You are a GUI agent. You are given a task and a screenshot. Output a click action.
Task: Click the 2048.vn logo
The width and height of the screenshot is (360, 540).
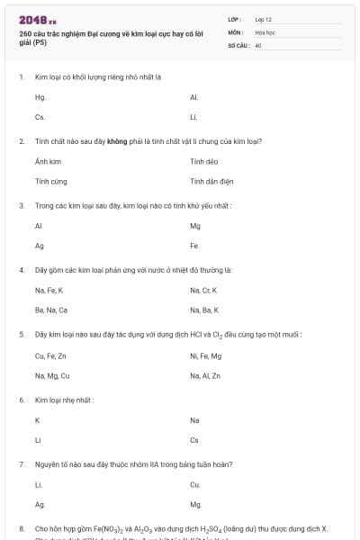pos(37,20)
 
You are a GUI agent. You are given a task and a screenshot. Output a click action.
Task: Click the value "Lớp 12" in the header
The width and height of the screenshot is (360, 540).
pos(264,19)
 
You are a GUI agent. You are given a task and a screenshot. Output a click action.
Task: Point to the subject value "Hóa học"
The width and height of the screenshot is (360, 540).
pos(265,31)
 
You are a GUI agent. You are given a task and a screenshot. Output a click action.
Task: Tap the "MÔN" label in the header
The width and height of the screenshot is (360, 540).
pos(236,31)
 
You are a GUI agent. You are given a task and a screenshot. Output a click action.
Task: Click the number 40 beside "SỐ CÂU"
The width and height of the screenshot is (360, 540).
pos(258,44)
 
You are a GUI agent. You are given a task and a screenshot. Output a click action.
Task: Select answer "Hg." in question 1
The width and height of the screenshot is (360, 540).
pos(40,97)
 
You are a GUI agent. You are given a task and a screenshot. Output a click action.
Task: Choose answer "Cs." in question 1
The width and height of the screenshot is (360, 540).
pos(40,118)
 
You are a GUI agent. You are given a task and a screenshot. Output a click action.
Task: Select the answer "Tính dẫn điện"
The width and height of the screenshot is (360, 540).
pos(211,181)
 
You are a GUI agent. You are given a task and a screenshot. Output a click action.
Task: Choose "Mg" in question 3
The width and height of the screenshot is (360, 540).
pos(195,225)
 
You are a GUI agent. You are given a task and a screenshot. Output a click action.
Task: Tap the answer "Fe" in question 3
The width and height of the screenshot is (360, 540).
pos(194,246)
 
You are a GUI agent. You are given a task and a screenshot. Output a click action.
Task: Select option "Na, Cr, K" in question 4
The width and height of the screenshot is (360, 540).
pos(203,290)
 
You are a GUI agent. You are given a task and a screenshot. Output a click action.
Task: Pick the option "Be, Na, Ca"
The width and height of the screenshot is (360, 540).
pos(51,310)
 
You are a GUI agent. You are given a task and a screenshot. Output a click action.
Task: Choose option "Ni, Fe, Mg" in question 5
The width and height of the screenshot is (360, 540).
pos(205,355)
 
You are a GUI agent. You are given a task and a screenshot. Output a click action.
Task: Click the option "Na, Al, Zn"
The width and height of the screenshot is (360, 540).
pos(205,375)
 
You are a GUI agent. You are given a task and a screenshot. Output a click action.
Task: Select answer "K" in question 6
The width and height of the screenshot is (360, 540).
pos(37,419)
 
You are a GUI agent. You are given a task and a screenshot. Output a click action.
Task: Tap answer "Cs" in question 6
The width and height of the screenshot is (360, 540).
pos(194,440)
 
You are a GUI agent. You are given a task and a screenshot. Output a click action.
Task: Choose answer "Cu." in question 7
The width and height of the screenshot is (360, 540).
pos(195,484)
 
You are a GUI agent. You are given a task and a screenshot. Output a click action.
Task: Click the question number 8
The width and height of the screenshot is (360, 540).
pos(21,528)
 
